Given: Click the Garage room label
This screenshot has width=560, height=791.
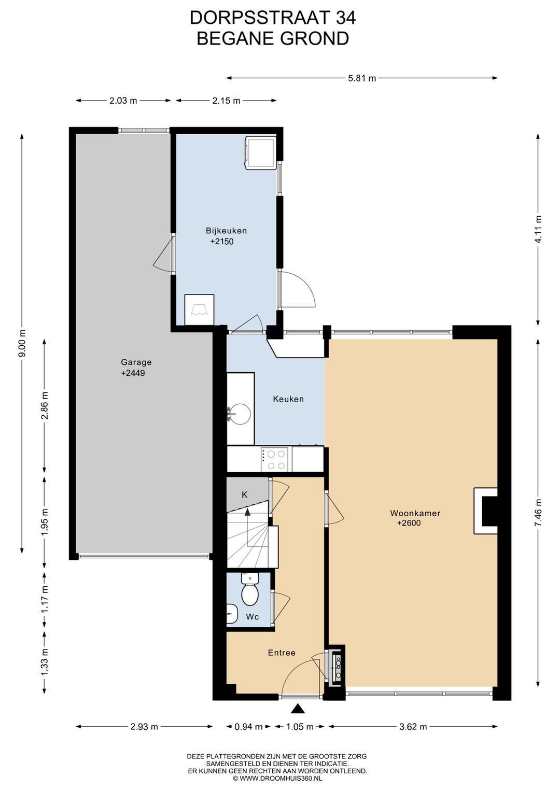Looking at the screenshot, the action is tap(136, 362).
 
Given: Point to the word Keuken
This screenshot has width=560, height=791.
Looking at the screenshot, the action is tap(288, 399).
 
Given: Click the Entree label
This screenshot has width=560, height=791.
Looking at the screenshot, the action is tap(282, 653).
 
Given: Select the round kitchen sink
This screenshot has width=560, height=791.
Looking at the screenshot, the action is tap(240, 414).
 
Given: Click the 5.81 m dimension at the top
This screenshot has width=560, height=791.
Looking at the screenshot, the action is tap(362, 78).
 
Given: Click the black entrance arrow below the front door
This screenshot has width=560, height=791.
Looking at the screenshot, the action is tap(299, 709).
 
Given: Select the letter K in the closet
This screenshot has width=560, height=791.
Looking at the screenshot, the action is tap(245, 495).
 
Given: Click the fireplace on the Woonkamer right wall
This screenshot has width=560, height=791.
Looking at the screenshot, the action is tap(485, 511).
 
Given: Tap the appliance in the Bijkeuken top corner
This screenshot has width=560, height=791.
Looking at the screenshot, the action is tap(261, 152).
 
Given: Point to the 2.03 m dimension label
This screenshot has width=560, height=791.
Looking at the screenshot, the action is tap(123, 101).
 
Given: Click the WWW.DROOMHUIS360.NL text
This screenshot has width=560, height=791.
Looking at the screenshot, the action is tap(280, 778).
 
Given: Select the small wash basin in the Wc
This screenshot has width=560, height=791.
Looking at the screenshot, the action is tap(231, 614).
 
